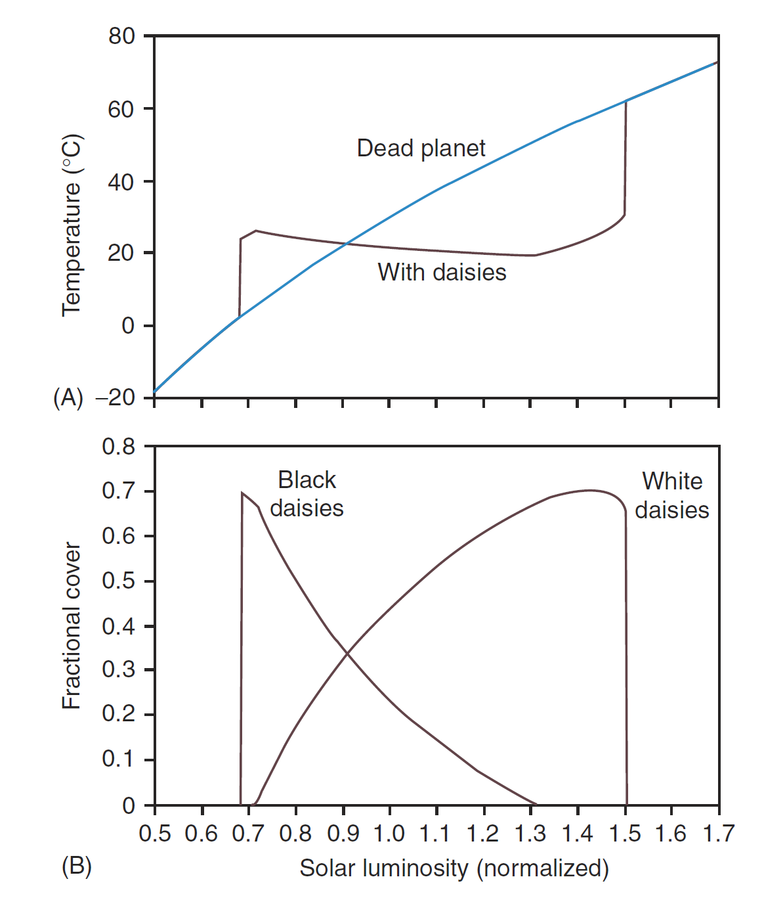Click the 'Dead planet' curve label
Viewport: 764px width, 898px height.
point(421,148)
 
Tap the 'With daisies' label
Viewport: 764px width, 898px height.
point(442,272)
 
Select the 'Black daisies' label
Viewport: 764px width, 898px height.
point(307,494)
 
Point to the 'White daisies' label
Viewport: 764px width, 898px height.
point(672,495)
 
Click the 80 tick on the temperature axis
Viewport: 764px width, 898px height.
point(121,36)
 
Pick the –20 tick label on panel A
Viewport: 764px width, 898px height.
point(115,398)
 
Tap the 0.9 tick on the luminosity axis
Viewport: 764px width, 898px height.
point(343,834)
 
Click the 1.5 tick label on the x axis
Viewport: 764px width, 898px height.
point(624,834)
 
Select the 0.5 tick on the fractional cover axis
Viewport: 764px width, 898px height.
point(118,581)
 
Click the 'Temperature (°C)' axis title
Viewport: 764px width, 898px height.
point(72,225)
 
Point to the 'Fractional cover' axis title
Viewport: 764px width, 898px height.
point(72,625)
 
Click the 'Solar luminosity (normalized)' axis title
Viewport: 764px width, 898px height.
point(454,868)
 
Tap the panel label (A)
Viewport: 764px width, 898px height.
point(68,398)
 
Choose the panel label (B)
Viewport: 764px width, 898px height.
point(76,866)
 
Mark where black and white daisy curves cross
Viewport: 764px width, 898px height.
point(347,652)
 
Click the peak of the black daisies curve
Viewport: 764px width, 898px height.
point(242,493)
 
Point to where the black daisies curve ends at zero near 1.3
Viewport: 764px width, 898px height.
point(536,804)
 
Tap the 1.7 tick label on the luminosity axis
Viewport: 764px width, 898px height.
point(718,834)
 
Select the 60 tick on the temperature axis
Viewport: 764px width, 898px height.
point(121,109)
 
